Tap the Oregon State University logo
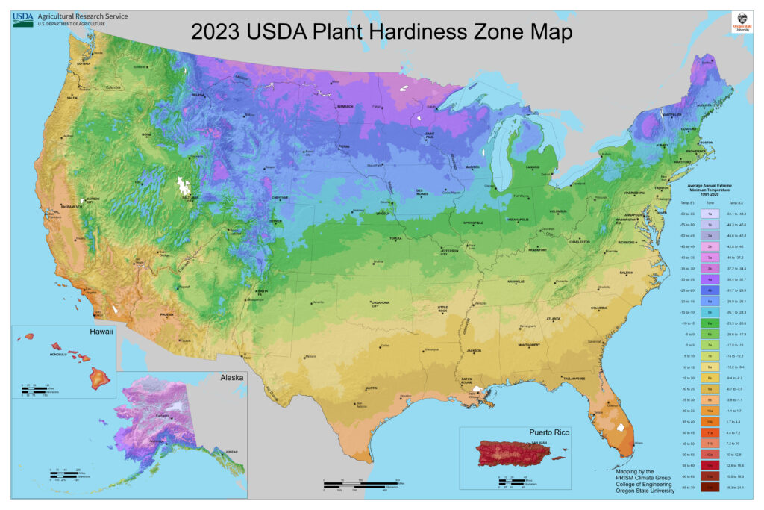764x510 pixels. click(740, 22)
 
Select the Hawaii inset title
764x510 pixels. click(101, 332)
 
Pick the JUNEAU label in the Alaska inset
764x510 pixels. click(231, 452)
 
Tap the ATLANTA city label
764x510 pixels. click(553, 319)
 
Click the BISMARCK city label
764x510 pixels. click(345, 107)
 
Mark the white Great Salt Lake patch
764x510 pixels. click(180, 185)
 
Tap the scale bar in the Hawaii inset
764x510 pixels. click(37, 390)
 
